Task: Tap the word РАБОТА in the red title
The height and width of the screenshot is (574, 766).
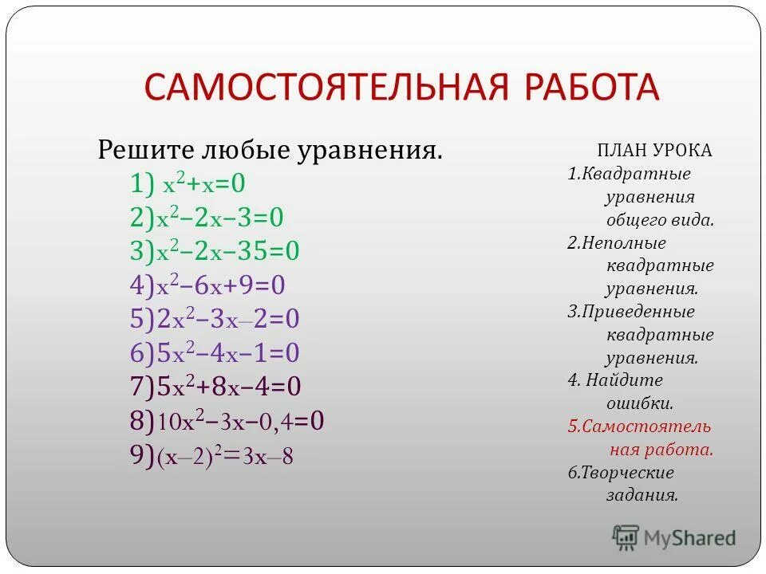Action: click(590, 87)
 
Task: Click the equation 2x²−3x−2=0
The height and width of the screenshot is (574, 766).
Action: click(215, 320)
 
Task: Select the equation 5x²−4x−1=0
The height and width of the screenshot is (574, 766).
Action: click(215, 353)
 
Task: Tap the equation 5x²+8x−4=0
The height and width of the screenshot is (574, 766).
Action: click(215, 387)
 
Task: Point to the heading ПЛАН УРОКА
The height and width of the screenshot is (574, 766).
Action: click(654, 151)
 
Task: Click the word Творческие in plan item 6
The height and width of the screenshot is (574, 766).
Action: click(626, 473)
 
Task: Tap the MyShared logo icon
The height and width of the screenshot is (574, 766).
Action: click(626, 537)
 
